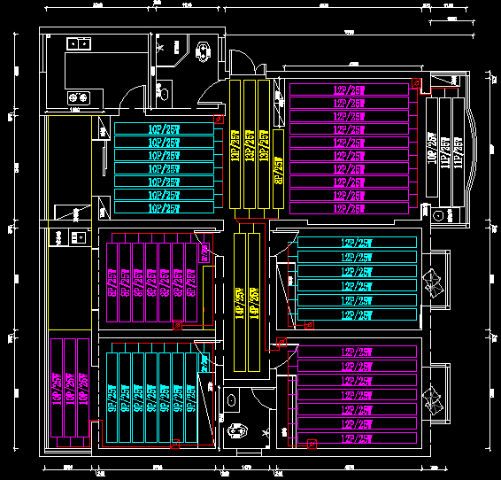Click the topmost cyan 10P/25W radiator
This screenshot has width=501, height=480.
[x=165, y=128]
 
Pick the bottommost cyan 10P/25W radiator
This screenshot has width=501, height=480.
[x=165, y=208]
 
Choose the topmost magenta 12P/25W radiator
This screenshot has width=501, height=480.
[x=351, y=89]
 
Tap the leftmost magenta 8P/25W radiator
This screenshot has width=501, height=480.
[x=112, y=281]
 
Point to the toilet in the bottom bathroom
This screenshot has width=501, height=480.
[x=234, y=432]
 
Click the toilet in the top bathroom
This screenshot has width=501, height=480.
[x=204, y=50]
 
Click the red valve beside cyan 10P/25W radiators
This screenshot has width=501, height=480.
[x=220, y=118]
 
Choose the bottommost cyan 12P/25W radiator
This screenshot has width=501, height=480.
[x=357, y=315]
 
